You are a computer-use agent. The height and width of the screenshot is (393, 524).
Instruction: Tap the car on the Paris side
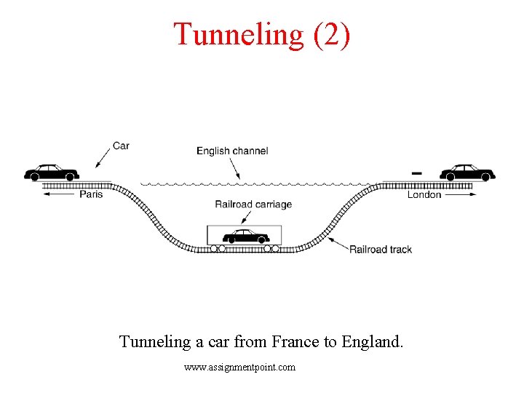point(51,172)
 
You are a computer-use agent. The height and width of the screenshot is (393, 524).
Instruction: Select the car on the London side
point(467,172)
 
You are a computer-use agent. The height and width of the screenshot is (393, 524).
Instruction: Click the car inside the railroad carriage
point(245,236)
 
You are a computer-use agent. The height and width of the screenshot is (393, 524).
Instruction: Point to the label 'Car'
point(121,146)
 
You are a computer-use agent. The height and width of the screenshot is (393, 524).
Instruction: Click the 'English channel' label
point(232,151)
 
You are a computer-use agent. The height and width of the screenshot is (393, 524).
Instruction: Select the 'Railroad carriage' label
point(253,204)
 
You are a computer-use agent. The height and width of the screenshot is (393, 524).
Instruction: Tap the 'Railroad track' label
point(381,249)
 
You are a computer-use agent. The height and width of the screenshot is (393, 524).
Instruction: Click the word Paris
point(91,194)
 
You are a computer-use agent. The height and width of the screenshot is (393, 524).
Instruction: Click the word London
point(424,194)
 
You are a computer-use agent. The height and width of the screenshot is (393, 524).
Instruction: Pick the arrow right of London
point(459,194)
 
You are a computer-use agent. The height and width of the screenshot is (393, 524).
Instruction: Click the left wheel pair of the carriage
point(218,248)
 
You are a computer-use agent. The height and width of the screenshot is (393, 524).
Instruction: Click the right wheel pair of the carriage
point(271,248)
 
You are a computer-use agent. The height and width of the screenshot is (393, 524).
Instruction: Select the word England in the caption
point(370,341)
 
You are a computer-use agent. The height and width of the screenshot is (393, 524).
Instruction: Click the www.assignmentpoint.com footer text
point(240,368)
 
